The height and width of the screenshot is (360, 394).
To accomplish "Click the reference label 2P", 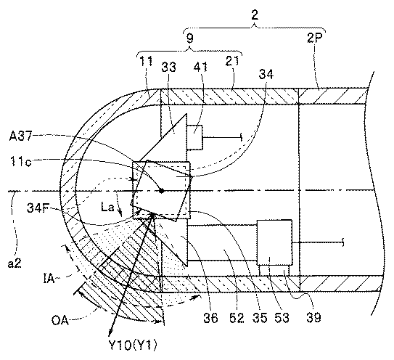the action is click(x=314, y=38).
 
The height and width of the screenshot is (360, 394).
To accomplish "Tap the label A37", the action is click(x=20, y=136).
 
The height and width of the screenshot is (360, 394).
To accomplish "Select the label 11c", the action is click(x=21, y=162).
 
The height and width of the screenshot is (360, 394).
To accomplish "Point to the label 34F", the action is click(x=38, y=208).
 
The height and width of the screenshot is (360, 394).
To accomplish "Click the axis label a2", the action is click(x=15, y=263).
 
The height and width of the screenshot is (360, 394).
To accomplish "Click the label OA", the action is click(x=60, y=321).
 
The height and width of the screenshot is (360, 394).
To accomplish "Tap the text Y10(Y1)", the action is click(x=133, y=345).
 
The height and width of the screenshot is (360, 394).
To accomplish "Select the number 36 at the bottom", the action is click(x=210, y=318).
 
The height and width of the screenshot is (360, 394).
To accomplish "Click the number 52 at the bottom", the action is click(x=237, y=318).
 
